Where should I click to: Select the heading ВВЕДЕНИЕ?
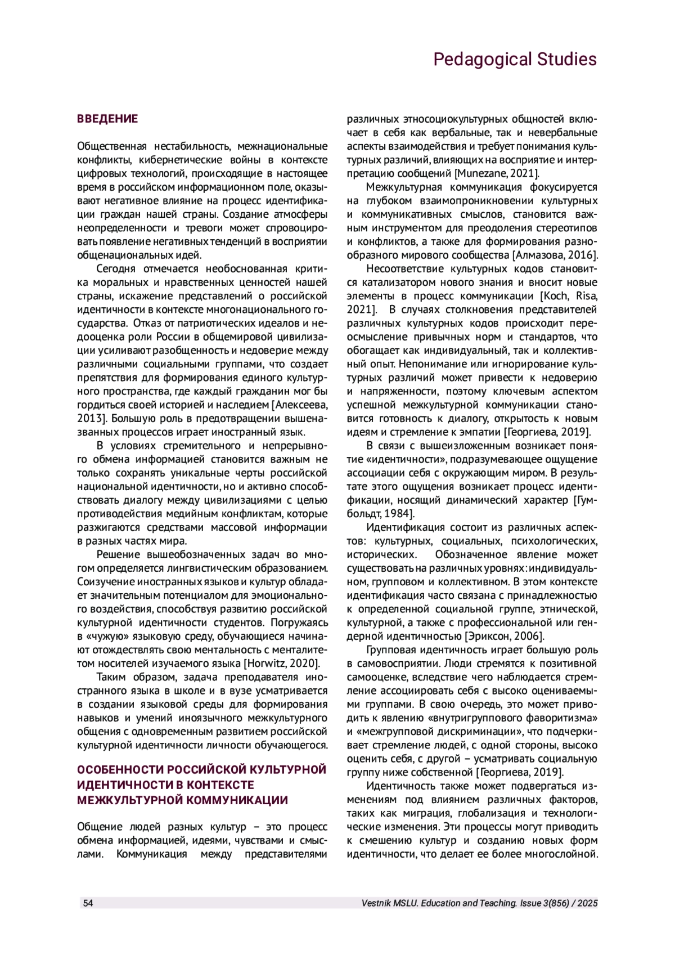(x=107, y=119)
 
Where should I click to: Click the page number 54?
(x=88, y=903)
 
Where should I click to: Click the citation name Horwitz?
(x=265, y=663)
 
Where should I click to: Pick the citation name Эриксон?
(x=487, y=636)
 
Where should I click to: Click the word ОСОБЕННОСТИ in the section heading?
(x=120, y=769)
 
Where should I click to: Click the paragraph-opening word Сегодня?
(x=116, y=268)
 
